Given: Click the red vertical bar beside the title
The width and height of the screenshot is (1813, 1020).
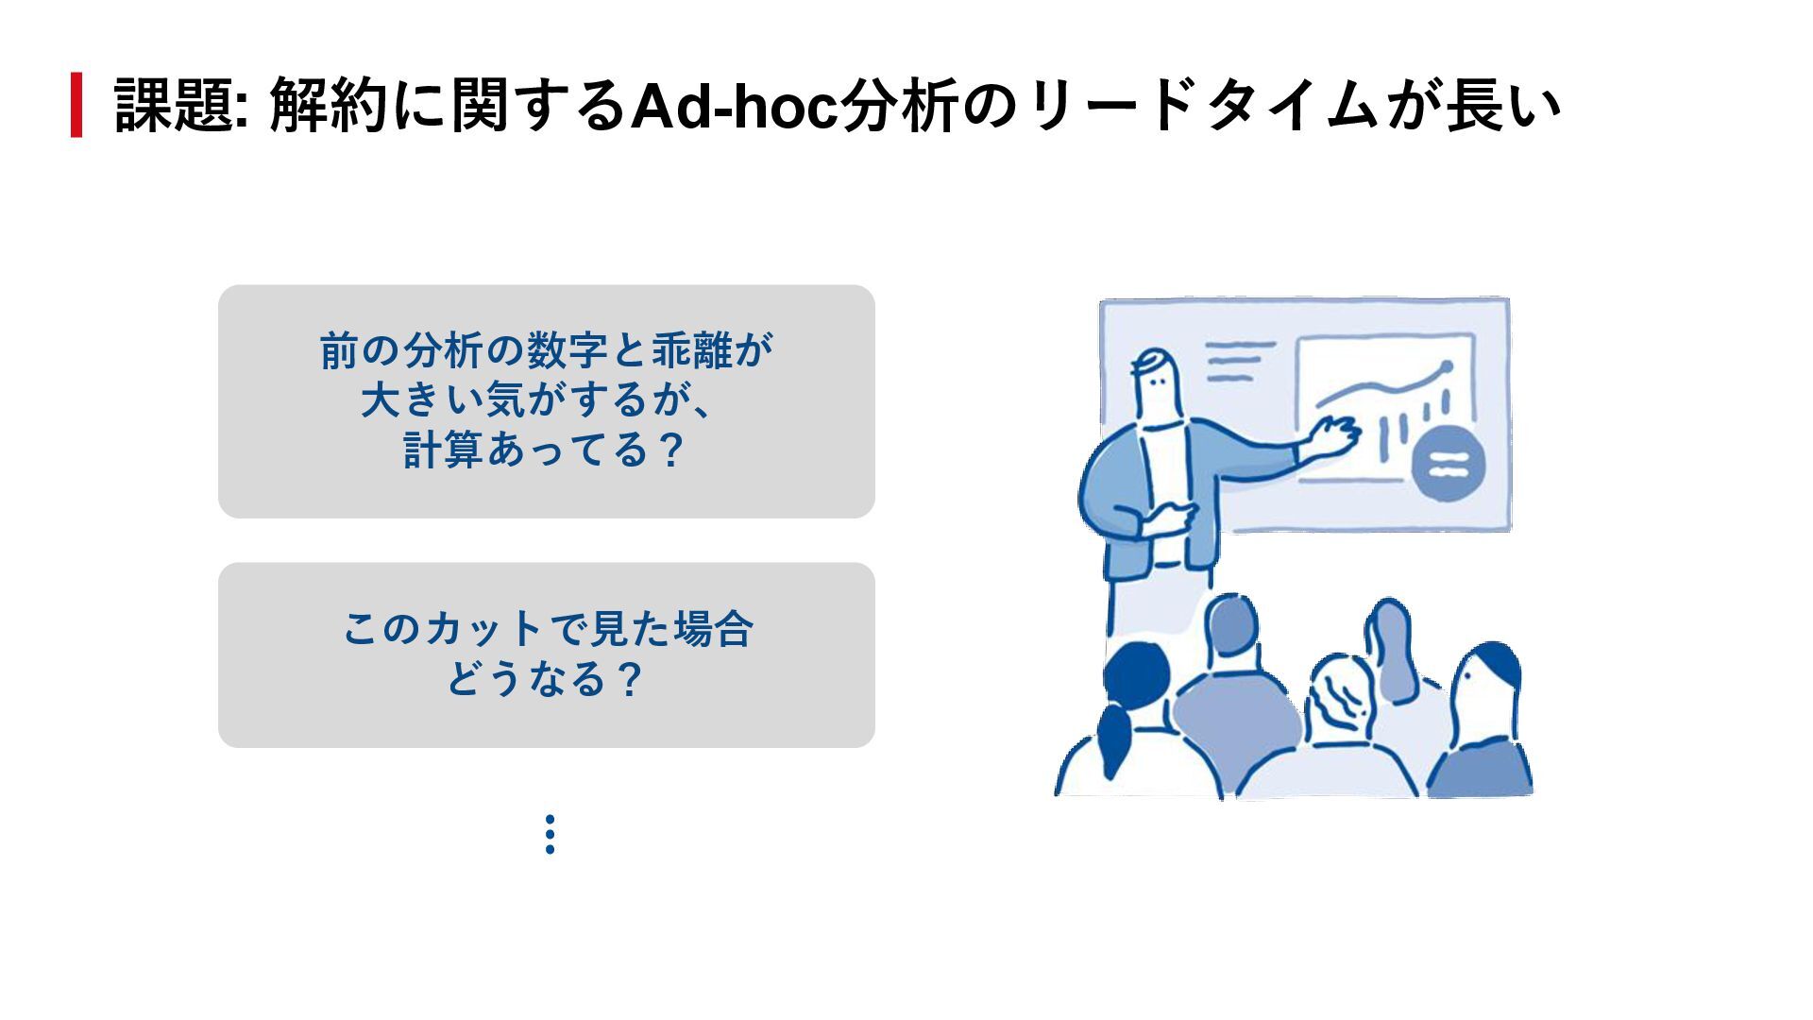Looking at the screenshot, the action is (x=76, y=105).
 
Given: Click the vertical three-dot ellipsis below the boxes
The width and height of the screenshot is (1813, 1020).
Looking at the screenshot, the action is (x=550, y=835).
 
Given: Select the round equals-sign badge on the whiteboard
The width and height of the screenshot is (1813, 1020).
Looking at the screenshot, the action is (x=1448, y=464).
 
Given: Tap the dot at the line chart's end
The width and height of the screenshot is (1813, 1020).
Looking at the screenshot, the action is (x=1445, y=366).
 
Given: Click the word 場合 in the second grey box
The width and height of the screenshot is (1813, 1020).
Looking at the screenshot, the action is (x=713, y=629).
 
